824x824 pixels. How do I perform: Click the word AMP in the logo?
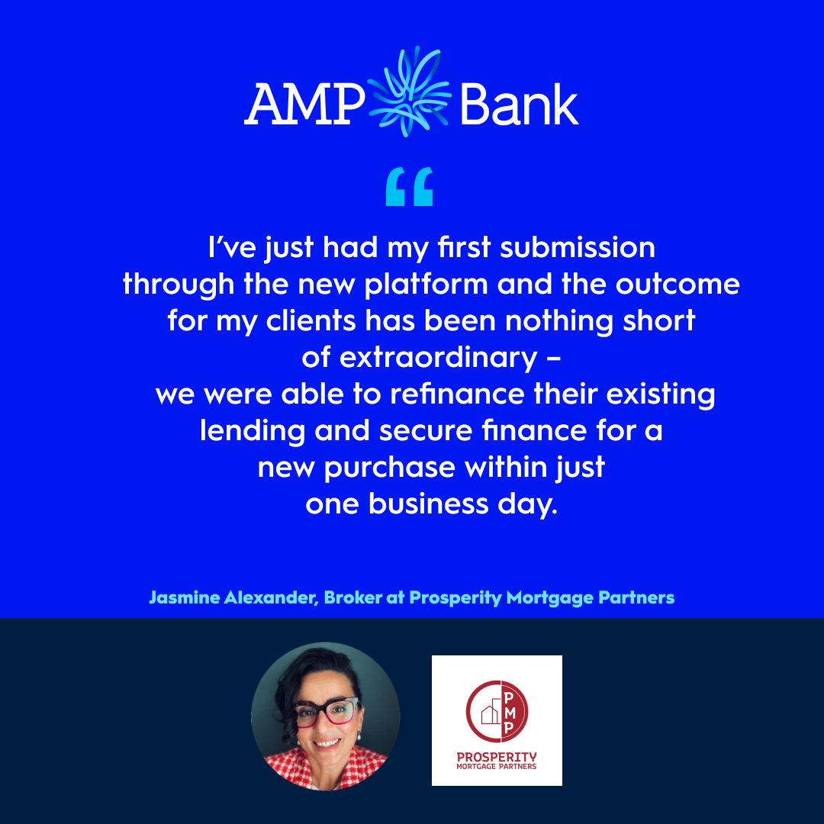tap(304, 104)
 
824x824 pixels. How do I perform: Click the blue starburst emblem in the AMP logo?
tap(409, 92)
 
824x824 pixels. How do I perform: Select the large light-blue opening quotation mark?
tap(410, 187)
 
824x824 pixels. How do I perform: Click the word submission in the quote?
tap(578, 247)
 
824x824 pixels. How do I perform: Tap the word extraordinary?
tap(438, 359)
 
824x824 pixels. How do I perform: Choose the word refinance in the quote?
tap(457, 394)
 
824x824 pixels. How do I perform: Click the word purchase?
tap(389, 468)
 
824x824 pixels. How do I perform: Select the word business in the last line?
tap(429, 504)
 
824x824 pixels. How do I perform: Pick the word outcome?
tap(678, 285)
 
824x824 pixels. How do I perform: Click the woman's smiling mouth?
tap(327, 742)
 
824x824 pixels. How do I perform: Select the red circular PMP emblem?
tap(497, 712)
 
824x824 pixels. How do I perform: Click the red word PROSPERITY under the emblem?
tap(497, 757)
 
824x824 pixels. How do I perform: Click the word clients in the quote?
tap(311, 320)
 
